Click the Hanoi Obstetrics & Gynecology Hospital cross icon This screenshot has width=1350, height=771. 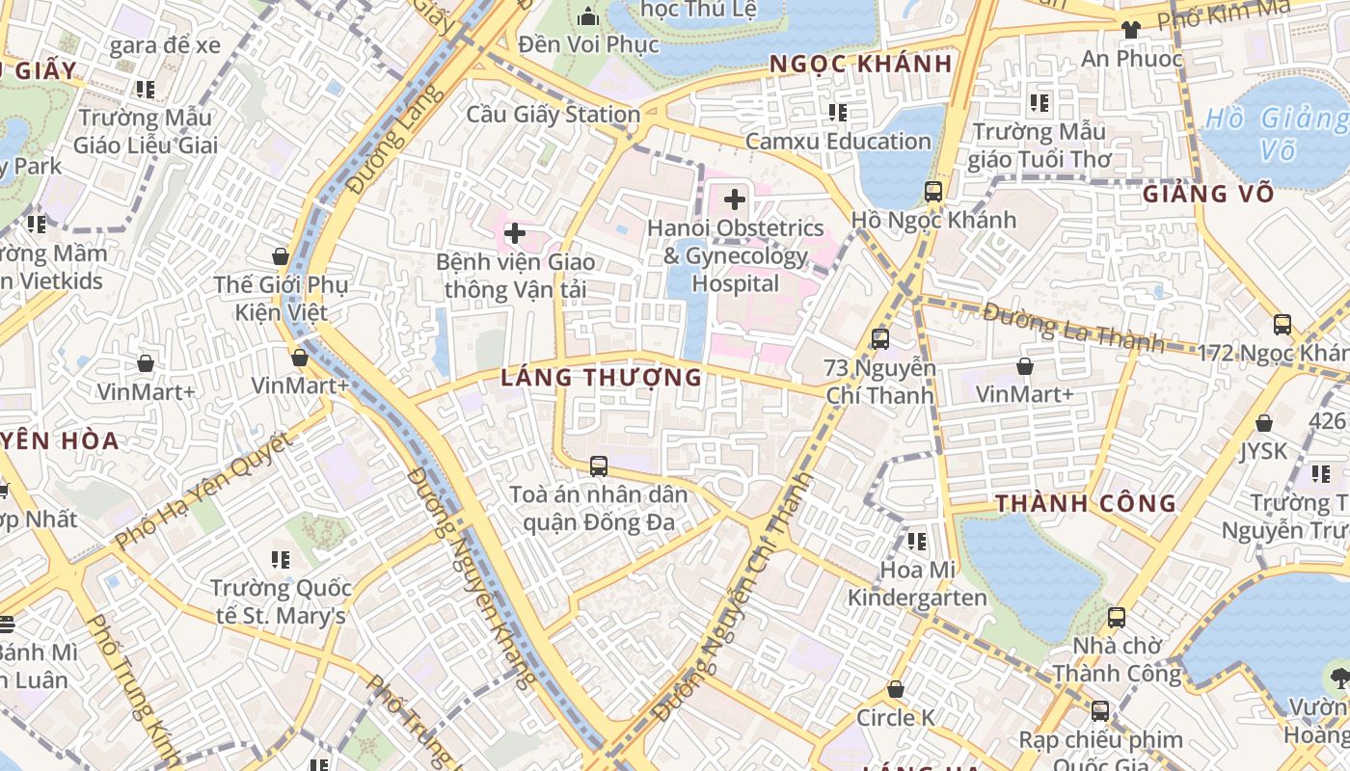(735, 199)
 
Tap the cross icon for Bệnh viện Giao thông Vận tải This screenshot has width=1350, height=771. (515, 233)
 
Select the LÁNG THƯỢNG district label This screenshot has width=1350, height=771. (602, 377)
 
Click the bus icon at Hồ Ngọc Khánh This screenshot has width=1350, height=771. (932, 191)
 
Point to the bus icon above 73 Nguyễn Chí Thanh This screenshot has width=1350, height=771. (879, 338)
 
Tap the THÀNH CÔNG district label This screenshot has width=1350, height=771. (1086, 503)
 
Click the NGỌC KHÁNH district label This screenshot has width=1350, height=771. (860, 64)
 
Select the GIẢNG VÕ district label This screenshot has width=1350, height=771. (1208, 194)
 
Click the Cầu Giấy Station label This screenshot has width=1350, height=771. (553, 114)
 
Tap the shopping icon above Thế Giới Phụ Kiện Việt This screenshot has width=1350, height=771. (281, 256)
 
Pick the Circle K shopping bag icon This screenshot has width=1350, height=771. (896, 690)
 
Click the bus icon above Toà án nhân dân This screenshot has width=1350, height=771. (598, 466)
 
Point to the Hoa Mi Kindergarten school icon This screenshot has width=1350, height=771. (916, 542)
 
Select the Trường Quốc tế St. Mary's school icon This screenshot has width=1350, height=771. (281, 559)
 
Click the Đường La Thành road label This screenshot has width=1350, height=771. (1073, 327)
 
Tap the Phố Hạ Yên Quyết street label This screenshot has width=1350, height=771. (202, 492)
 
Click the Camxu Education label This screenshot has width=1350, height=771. (838, 141)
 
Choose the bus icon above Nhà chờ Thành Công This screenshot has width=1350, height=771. (1116, 617)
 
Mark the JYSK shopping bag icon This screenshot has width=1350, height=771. (1263, 423)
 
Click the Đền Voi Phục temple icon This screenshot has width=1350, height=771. (587, 16)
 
